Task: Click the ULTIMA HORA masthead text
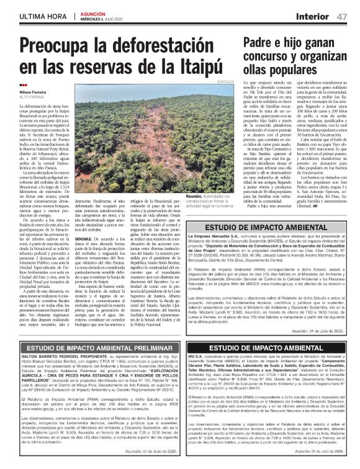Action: pyautogui.click(x=44, y=15)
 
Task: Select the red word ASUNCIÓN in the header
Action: pyautogui.click(x=91, y=12)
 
